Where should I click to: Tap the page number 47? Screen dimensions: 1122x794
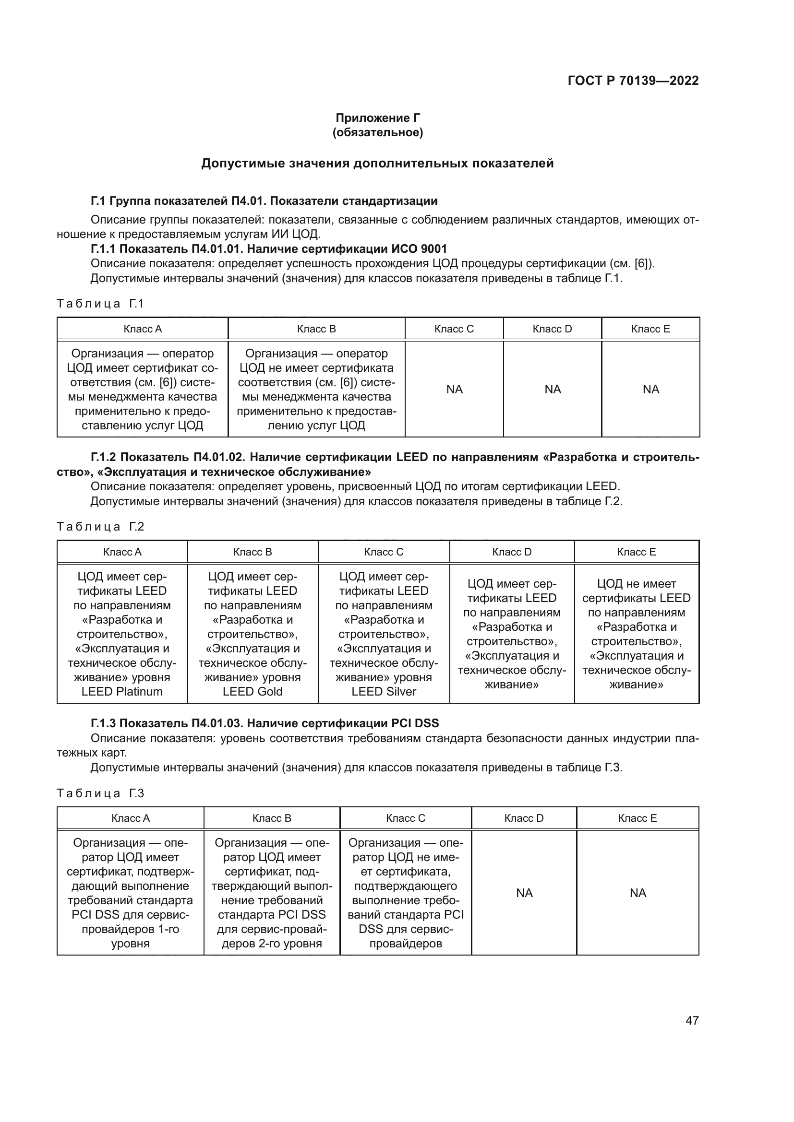point(692,1020)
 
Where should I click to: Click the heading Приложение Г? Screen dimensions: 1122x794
point(377,118)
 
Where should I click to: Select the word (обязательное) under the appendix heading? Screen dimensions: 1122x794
point(377,132)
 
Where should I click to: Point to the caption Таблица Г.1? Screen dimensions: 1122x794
point(100,304)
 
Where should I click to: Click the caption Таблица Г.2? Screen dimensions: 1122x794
point(100,526)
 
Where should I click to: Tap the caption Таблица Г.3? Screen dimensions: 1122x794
point(100,793)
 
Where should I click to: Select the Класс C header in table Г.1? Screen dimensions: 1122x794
point(454,329)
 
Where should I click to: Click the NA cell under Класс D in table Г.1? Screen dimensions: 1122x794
point(553,389)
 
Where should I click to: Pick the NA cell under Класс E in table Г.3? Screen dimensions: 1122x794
point(638,893)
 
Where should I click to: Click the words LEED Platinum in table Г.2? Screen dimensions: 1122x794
point(122,692)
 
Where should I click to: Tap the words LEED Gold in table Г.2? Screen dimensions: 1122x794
point(253,692)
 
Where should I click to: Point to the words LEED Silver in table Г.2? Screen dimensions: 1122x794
point(384,692)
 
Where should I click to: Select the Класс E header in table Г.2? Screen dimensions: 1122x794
point(636,552)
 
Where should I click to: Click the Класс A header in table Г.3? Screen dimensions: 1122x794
point(131,818)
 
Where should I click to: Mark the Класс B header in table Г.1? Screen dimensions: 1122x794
point(316,329)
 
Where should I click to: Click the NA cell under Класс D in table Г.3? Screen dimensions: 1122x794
point(524,893)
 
